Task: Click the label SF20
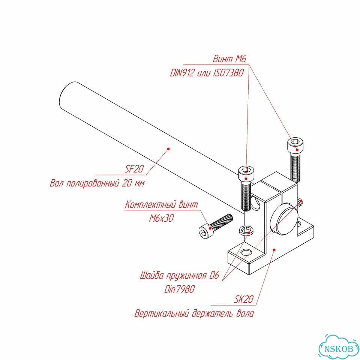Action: pyautogui.click(x=134, y=169)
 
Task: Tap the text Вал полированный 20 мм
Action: pyautogui.click(x=97, y=183)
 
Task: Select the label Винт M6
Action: pyautogui.click(x=229, y=59)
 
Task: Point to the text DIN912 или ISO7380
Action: pyautogui.click(x=207, y=73)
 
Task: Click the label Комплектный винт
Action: pyautogui.click(x=161, y=204)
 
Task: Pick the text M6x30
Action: pyautogui.click(x=162, y=218)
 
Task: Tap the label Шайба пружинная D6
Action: pyautogui.click(x=180, y=275)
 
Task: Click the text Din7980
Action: pyautogui.click(x=180, y=289)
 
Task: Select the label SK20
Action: pyautogui.click(x=244, y=299)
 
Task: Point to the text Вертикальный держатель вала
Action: pyautogui.click(x=194, y=313)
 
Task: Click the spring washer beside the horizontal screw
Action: pyautogui.click(x=246, y=230)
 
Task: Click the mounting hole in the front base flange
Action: pyautogui.click(x=246, y=252)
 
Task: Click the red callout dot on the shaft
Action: pyautogui.click(x=168, y=149)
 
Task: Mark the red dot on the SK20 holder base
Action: pyautogui.click(x=274, y=250)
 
